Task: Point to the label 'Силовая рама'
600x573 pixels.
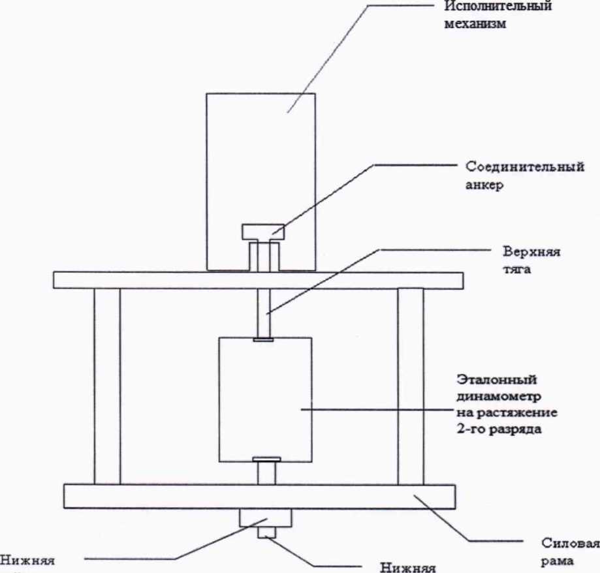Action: click(570, 552)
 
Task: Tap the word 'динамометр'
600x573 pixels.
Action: click(499, 395)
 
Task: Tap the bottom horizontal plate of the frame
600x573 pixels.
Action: click(163, 496)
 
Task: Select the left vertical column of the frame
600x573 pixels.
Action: click(107, 385)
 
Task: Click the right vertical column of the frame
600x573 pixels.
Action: click(410, 385)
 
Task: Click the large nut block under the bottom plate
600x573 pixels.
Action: click(265, 518)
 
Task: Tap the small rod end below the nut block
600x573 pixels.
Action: click(266, 533)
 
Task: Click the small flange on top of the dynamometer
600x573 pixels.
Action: click(264, 339)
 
